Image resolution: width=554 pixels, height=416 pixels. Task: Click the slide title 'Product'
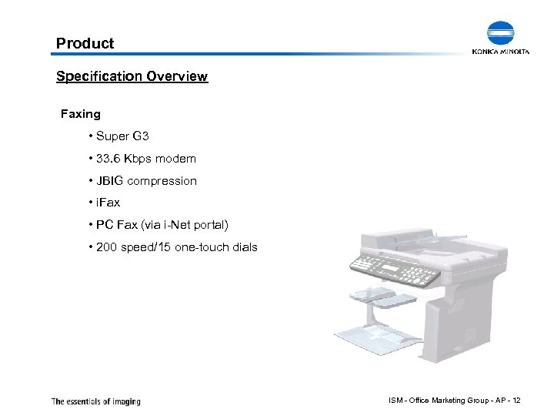(85, 43)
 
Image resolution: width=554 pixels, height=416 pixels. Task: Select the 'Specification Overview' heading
(132, 76)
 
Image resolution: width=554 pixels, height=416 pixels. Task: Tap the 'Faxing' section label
(81, 114)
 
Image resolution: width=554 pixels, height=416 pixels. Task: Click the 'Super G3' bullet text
(122, 136)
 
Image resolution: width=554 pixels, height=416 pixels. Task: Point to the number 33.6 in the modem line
(108, 159)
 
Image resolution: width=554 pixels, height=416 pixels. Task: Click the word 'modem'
(175, 159)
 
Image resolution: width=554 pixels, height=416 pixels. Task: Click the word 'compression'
(162, 181)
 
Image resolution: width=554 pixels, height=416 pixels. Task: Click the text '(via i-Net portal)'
(184, 226)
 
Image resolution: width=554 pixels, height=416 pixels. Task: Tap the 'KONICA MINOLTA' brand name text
(501, 52)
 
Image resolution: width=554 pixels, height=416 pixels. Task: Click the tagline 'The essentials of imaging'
(95, 401)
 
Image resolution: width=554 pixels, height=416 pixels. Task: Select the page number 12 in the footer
(516, 401)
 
